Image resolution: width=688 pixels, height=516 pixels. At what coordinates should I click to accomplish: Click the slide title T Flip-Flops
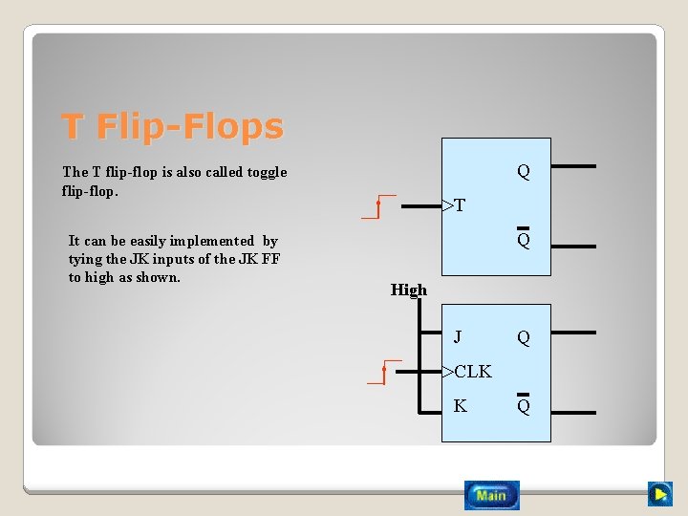point(173,126)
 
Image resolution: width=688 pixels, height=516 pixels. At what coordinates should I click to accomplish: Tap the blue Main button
point(491,495)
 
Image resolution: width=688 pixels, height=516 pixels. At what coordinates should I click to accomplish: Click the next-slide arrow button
point(659,494)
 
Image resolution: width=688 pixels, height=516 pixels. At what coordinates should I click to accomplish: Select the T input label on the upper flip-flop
point(460,205)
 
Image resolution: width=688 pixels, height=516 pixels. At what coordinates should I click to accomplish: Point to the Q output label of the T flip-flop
point(523,172)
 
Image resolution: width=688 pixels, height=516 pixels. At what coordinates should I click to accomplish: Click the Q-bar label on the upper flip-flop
point(523,240)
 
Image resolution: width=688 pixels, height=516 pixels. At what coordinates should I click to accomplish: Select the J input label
point(459,336)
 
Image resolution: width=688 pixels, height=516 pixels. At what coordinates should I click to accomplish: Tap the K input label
point(460,406)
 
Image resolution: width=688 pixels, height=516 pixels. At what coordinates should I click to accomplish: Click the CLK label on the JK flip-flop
point(472,372)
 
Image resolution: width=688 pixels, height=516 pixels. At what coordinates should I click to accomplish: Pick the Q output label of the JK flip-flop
point(523,337)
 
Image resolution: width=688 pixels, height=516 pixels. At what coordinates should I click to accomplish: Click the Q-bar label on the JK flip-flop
point(523,406)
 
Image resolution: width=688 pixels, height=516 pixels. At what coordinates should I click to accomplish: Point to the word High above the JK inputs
point(409,290)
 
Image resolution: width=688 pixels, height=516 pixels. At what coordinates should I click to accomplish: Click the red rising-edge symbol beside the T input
point(378,207)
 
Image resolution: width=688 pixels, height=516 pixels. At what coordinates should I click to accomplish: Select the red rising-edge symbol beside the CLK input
point(383,372)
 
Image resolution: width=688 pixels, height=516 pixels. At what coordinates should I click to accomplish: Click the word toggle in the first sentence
point(266,172)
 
